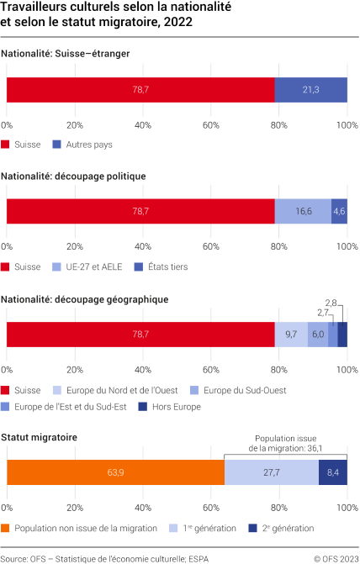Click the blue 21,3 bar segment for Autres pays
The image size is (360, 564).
(310, 90)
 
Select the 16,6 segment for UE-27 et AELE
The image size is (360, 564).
(303, 212)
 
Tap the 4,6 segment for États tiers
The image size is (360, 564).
(339, 212)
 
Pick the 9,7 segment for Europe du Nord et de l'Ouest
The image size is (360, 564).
(291, 335)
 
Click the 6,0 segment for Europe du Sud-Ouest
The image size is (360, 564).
(318, 335)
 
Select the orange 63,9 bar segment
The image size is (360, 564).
(115, 473)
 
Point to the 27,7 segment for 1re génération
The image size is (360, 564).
(272, 473)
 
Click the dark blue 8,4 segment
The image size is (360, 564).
(333, 473)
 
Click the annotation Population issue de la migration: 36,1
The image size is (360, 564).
(286, 443)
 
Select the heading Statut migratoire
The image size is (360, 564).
(40, 437)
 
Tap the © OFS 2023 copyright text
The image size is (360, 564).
(335, 557)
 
